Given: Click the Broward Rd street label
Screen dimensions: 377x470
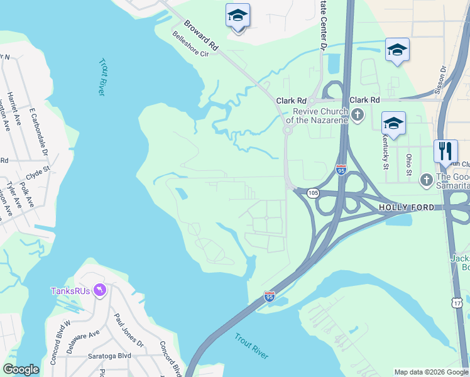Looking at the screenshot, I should [200, 37].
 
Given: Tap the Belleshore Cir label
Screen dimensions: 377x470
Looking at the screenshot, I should [190, 50].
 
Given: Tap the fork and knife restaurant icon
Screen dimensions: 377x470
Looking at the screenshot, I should [445, 151].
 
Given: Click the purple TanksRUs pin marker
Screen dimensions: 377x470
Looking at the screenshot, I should [100, 290].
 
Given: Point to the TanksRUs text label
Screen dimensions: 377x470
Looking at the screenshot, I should [70, 290].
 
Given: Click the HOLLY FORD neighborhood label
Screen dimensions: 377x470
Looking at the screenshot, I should [406, 207].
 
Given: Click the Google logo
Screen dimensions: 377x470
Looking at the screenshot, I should [21, 369].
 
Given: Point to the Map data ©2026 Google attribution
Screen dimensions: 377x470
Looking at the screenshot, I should [430, 372].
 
